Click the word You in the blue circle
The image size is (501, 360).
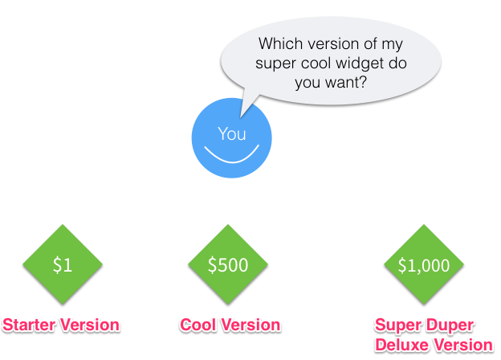pos(232,133)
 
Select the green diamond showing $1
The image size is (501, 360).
pos(63,264)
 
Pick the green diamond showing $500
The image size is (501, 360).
pos(228,264)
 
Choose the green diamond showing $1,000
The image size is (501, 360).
pos(424,264)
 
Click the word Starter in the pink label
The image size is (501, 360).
pos(30,325)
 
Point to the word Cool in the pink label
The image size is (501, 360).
pos(198,325)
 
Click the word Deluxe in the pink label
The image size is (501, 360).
pos(402,345)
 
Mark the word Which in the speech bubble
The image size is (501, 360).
pos(281,43)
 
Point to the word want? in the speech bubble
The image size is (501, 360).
pos(346,83)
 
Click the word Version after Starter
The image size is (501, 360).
pos(90,325)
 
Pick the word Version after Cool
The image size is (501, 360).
pos(251,325)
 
